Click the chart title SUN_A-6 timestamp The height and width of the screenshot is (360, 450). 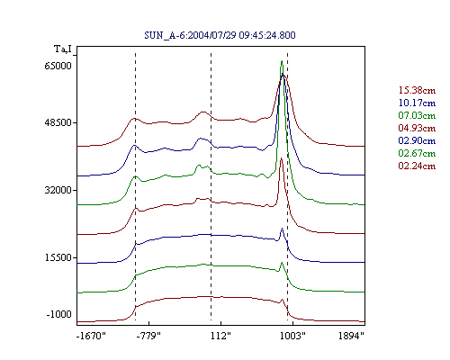[x=220, y=35]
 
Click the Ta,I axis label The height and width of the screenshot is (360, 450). [x=63, y=49]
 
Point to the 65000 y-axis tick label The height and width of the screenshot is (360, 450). [x=58, y=66]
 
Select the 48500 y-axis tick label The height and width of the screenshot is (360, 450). [x=58, y=122]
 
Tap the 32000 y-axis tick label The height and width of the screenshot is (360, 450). [x=58, y=190]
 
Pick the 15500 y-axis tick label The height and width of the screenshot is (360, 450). [x=58, y=257]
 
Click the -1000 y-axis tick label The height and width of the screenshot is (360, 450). [x=59, y=314]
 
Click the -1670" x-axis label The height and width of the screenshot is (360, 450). [x=92, y=336]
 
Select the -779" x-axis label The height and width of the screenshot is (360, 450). [x=148, y=336]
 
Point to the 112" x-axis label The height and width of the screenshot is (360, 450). [x=220, y=336]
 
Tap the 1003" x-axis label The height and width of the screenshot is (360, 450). [x=292, y=336]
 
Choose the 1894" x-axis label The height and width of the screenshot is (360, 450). [x=351, y=336]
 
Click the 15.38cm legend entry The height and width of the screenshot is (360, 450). [x=417, y=90]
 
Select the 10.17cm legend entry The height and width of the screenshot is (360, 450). [x=417, y=103]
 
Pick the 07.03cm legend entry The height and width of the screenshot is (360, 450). [x=417, y=115]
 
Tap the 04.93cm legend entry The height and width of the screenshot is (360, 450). [x=417, y=128]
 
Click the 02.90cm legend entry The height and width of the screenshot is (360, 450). [x=417, y=140]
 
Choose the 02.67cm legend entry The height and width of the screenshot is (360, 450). [x=417, y=153]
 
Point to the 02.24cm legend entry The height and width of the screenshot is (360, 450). [x=417, y=166]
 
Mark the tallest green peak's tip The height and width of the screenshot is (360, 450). [x=282, y=61]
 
